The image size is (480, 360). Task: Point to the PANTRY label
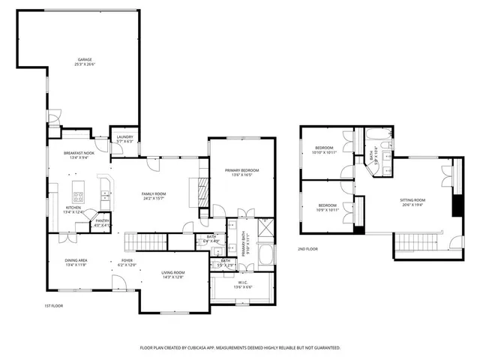(x=101, y=222)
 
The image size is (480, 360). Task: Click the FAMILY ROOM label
(x=154, y=194)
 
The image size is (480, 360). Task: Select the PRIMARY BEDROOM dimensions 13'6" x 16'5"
(x=241, y=175)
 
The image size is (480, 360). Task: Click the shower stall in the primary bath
(x=266, y=229)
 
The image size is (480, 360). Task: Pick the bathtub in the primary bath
(x=266, y=256)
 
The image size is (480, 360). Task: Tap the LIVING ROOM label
(x=172, y=273)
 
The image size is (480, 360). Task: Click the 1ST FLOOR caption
(x=52, y=307)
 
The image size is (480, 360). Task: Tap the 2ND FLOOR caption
(x=307, y=249)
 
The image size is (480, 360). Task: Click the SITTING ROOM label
(x=412, y=200)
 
